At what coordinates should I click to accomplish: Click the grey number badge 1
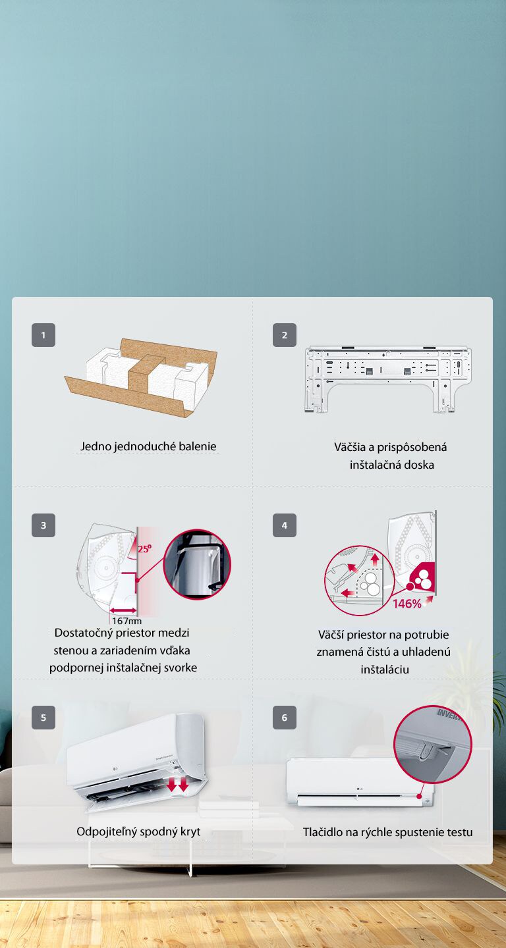(43, 334)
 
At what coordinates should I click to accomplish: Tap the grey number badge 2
(284, 334)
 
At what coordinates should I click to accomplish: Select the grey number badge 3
(43, 525)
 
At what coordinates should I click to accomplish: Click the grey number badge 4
(284, 525)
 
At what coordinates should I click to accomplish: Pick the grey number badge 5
(43, 718)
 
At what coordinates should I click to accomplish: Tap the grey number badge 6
(284, 718)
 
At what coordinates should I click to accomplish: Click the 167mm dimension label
(126, 621)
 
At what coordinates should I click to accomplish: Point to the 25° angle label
(144, 548)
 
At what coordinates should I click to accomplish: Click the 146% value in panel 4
(407, 604)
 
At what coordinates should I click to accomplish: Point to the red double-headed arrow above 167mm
(123, 610)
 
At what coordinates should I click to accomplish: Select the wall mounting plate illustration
(388, 379)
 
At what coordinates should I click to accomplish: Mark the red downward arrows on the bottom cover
(177, 784)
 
